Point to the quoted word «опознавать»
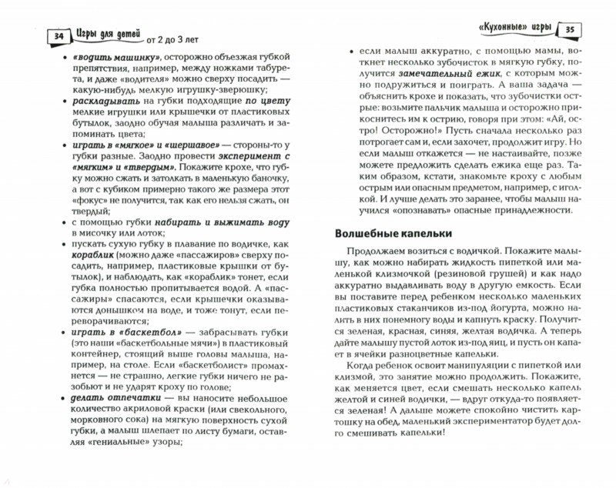coord(425,210)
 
